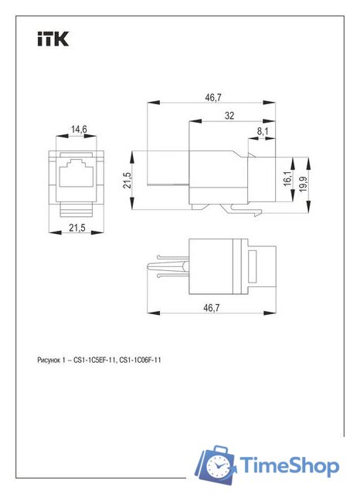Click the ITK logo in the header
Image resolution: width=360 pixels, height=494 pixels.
point(53,39)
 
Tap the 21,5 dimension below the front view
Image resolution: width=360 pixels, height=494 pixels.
point(77,228)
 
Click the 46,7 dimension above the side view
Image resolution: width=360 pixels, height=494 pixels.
point(212,97)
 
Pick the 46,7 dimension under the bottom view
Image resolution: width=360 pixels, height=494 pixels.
point(212,308)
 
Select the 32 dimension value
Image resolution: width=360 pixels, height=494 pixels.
point(229,115)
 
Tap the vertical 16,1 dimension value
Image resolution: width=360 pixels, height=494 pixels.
point(288,178)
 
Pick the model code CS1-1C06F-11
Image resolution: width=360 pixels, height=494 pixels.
point(140,360)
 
